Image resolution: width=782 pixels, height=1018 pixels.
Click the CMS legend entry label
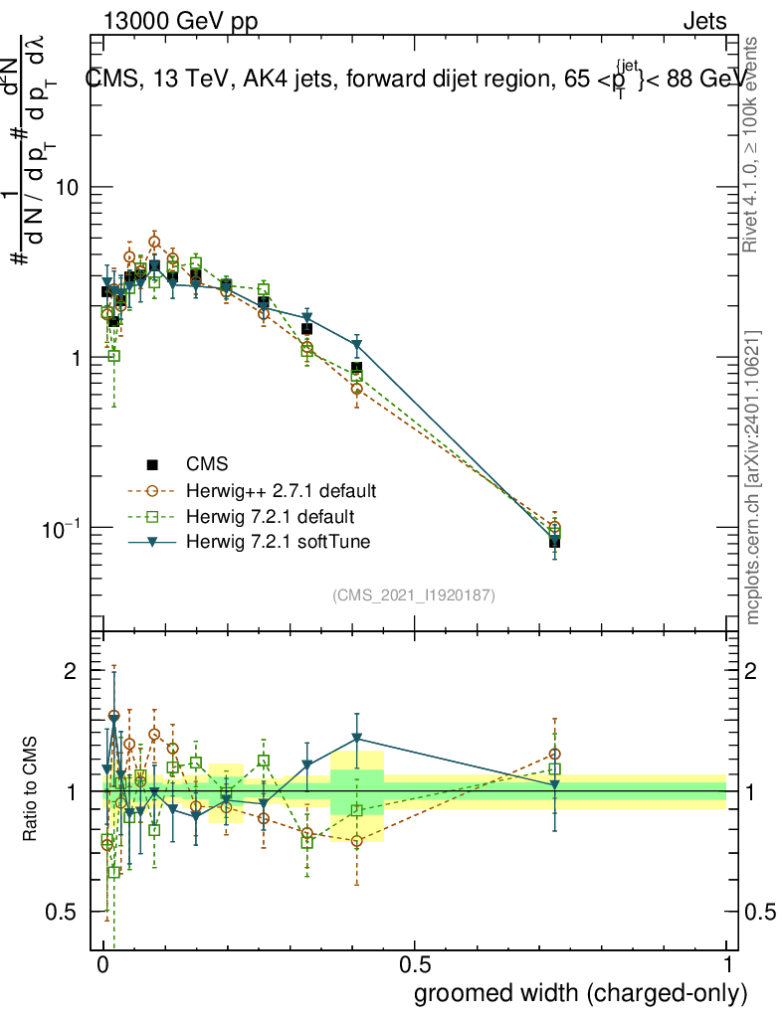(207, 464)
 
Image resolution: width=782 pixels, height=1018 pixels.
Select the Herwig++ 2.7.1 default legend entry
(281, 491)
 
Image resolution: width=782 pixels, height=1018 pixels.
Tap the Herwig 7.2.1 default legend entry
(271, 517)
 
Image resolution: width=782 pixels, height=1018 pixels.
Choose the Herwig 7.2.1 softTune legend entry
(277, 542)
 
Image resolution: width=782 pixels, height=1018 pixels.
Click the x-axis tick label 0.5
(415, 965)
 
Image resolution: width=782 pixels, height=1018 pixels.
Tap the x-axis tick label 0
(103, 965)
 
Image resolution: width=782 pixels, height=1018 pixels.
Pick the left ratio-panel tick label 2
(70, 671)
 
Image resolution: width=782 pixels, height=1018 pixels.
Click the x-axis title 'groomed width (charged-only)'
(580, 993)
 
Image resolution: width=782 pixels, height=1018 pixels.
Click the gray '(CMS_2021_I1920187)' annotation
(414, 595)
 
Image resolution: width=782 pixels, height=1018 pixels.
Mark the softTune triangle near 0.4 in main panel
(356, 345)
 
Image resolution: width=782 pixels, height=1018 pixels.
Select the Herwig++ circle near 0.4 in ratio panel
(356, 841)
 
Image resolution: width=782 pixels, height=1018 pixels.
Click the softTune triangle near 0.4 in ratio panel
(356, 739)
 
